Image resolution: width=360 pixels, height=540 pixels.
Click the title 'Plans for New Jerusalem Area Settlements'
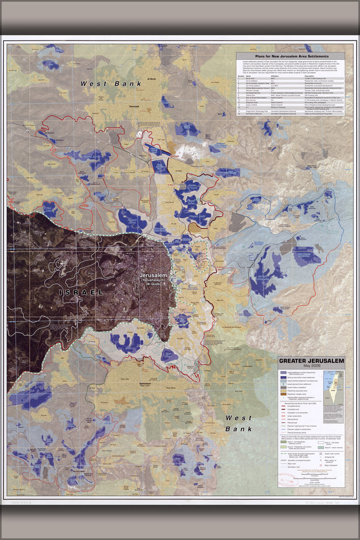290,56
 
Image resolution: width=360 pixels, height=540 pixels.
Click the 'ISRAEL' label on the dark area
81,292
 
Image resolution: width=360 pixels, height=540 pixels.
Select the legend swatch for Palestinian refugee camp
282,395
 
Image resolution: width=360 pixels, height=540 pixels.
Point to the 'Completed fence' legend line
283,407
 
